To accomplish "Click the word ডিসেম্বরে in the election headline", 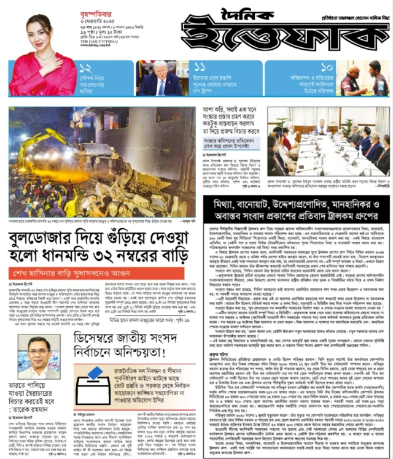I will click(101, 338).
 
